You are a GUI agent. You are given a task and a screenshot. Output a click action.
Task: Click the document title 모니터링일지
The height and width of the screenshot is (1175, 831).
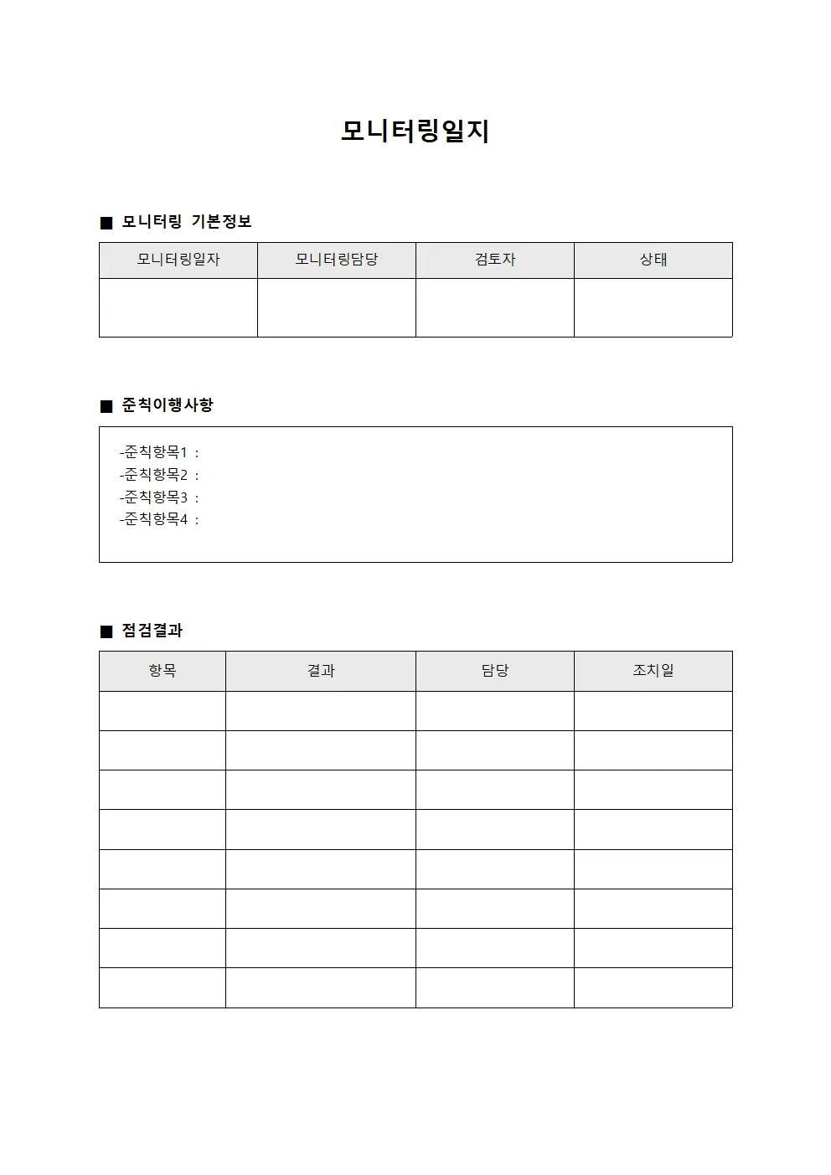415,131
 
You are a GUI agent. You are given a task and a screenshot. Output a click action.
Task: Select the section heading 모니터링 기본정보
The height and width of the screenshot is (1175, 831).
186,222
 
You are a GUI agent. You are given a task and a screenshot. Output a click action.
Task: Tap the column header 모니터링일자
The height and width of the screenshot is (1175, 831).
178,260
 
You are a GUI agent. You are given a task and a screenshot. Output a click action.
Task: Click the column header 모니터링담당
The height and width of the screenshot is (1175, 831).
337,260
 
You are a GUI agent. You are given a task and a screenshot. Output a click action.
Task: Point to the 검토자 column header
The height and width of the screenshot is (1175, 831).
495,260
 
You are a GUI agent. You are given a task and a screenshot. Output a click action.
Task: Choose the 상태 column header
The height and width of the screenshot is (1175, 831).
653,260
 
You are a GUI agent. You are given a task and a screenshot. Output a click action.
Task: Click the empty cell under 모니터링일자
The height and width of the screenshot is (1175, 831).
178,307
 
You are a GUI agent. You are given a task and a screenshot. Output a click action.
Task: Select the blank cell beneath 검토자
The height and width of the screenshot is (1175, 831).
495,307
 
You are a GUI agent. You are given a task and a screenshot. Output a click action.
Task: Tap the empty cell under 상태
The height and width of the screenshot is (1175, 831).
653,307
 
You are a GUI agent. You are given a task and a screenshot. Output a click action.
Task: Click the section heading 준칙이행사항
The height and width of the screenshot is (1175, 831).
168,405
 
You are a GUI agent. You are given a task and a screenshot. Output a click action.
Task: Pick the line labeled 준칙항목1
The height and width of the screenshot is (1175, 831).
159,452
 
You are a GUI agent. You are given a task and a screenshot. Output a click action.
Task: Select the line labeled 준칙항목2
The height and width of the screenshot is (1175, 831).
159,475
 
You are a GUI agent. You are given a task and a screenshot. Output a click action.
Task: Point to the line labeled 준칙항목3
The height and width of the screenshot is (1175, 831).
159,497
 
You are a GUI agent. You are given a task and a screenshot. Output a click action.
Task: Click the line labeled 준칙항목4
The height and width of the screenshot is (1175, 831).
159,519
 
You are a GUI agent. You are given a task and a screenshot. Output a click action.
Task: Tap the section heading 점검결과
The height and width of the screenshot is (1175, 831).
152,631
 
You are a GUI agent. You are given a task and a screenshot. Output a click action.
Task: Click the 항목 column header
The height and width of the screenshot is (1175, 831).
163,671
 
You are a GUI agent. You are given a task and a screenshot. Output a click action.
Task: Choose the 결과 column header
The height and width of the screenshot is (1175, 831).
321,671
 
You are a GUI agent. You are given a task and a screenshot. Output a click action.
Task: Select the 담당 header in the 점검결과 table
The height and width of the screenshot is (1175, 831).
495,671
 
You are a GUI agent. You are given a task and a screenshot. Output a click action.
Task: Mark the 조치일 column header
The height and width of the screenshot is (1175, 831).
653,671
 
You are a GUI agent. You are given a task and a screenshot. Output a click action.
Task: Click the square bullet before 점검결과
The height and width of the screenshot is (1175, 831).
106,631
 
